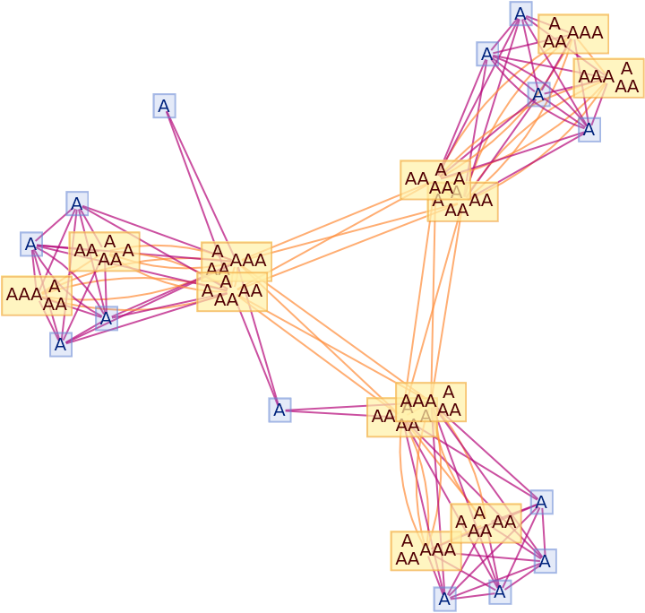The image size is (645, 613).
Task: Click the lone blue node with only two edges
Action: point(164,107)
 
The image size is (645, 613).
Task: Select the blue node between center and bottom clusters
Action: point(279,410)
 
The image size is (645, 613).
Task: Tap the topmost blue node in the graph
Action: point(520,13)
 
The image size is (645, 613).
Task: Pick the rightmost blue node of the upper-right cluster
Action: point(589,129)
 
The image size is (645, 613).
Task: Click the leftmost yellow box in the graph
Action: point(37,296)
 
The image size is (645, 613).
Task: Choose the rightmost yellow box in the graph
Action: point(609,78)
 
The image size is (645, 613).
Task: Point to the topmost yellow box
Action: point(572,33)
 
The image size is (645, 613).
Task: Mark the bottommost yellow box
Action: point(426,550)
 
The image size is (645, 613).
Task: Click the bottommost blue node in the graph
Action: point(444,598)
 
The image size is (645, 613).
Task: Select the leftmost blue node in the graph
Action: point(31,244)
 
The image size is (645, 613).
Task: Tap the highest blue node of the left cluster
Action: point(77,203)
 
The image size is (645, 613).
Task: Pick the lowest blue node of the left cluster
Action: point(61,344)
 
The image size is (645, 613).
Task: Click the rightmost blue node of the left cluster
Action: point(107,318)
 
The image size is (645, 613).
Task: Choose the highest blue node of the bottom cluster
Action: point(541,503)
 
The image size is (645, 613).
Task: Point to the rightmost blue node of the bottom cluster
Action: point(545,561)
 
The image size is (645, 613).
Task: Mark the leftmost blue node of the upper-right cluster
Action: point(487,54)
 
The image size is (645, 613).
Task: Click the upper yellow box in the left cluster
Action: point(105,251)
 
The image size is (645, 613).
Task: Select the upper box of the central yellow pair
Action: point(236,261)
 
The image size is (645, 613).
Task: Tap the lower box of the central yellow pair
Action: point(232,292)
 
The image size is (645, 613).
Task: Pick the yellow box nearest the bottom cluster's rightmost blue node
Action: point(486,522)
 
